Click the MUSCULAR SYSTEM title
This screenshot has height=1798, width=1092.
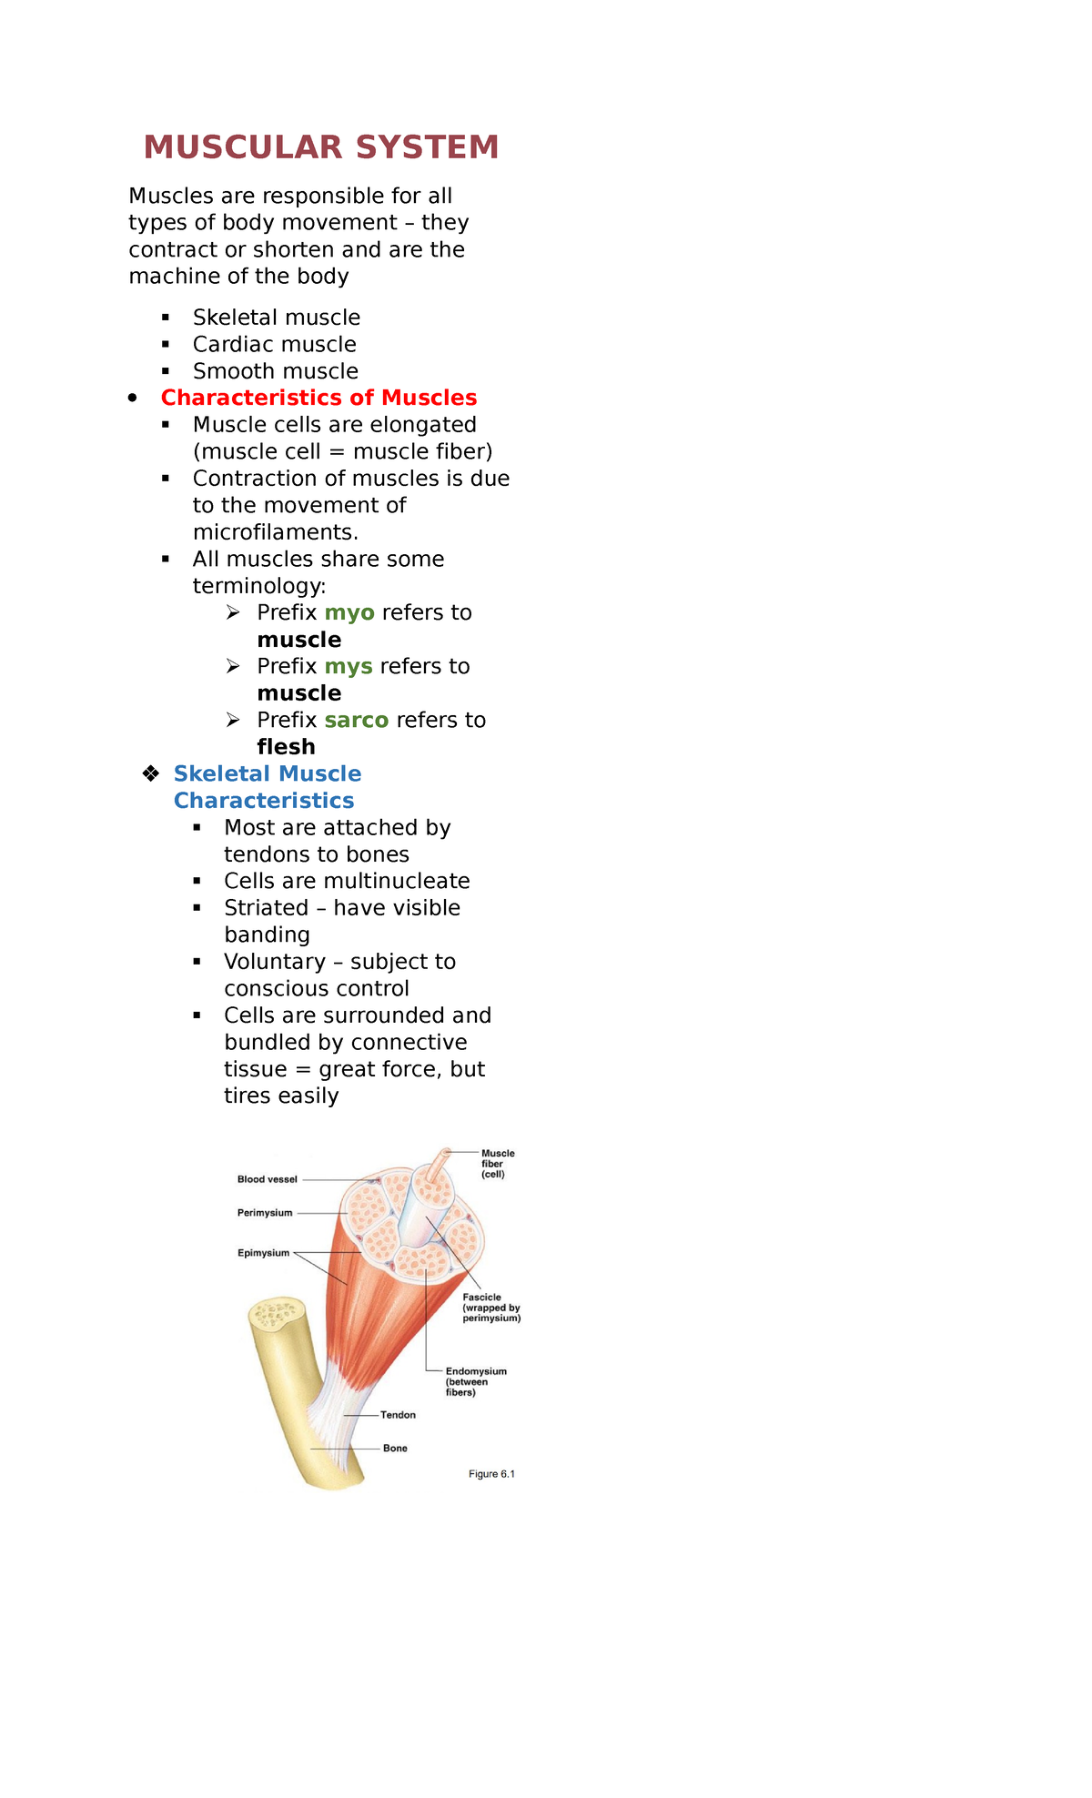point(321,147)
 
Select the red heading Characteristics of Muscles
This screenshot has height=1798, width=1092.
point(318,398)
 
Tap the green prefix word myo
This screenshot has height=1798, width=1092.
point(349,612)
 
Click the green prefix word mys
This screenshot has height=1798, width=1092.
point(349,666)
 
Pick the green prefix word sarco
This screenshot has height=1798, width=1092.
point(356,720)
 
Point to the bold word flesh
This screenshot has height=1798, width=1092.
point(286,747)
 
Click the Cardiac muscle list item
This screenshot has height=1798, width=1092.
point(274,344)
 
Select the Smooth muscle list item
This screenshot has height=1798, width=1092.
point(275,371)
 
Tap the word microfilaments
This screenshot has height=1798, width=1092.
point(275,532)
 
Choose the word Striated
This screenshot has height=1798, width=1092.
point(266,908)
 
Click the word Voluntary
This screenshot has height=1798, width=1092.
point(275,962)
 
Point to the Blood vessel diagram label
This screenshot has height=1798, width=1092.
point(267,1179)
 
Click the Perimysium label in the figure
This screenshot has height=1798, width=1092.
point(265,1213)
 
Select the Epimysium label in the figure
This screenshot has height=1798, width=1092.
point(263,1253)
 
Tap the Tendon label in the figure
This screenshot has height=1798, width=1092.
point(398,1415)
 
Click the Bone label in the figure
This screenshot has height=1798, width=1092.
point(395,1449)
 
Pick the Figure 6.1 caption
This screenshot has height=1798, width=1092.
point(491,1474)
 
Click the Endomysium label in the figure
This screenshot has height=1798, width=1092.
point(476,1371)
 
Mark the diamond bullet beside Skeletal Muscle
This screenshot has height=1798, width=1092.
point(151,773)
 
